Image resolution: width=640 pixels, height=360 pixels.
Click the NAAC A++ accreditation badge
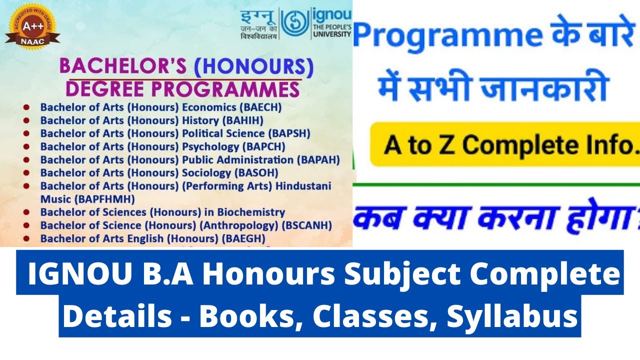pyautogui.click(x=33, y=28)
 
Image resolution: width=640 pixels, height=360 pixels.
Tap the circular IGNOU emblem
pyautogui.click(x=294, y=23)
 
